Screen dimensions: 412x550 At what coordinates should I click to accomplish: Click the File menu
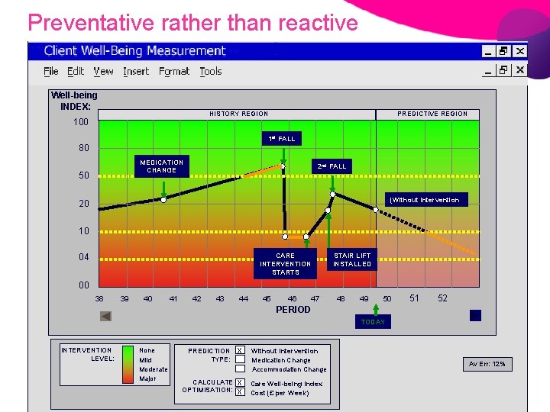51,71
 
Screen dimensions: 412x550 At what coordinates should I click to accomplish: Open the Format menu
174,71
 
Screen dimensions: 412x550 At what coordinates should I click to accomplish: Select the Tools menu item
211,71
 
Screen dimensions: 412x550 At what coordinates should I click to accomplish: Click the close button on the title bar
520,51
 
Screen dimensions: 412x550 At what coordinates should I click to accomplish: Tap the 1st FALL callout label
281,139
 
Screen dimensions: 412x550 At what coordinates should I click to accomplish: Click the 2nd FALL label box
332,166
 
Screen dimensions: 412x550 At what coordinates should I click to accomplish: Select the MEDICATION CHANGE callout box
161,166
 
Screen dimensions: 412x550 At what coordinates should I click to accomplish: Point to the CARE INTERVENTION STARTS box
285,264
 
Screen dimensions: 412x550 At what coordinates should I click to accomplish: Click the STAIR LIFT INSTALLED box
352,260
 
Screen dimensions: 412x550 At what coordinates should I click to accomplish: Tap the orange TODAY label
373,322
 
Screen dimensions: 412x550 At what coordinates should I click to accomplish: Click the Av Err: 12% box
488,364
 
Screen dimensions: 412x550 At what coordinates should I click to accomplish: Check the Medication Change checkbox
240,359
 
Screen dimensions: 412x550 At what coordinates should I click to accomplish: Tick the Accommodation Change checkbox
240,369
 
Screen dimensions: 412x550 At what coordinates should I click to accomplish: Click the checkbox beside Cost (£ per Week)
240,392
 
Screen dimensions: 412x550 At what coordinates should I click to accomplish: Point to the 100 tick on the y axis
80,122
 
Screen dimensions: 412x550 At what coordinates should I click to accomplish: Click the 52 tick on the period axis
443,298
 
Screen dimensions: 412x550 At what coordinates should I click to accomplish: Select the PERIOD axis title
293,310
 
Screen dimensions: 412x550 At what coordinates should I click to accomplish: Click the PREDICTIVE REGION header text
432,114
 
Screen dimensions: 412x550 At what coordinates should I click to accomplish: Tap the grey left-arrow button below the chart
105,316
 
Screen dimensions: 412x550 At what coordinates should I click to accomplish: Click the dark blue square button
475,315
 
